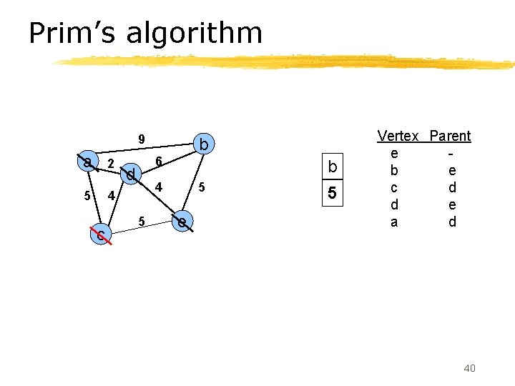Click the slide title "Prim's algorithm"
click(x=145, y=33)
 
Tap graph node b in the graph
click(x=204, y=145)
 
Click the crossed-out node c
click(x=102, y=233)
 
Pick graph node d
click(x=130, y=174)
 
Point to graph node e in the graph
click(x=183, y=222)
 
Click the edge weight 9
click(x=142, y=139)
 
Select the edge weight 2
click(x=110, y=164)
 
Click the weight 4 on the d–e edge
click(x=160, y=187)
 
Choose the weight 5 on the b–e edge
click(x=202, y=187)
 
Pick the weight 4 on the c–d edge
click(x=111, y=196)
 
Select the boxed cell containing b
click(x=332, y=167)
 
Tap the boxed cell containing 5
click(x=332, y=194)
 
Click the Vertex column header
click(x=398, y=136)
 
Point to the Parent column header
click(x=450, y=136)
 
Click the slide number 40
click(x=469, y=367)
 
